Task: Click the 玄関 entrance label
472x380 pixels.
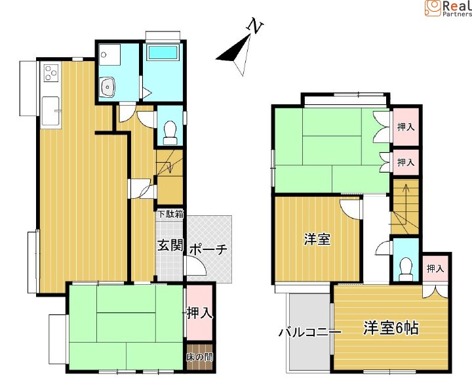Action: [170, 245]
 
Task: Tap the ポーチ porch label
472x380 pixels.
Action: [208, 249]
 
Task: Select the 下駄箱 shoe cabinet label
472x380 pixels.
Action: [170, 214]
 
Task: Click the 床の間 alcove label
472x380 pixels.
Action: [199, 357]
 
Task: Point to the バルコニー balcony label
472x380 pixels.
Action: [309, 332]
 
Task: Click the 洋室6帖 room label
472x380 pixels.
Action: [391, 328]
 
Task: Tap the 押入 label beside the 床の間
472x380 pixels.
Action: [199, 313]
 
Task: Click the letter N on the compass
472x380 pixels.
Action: [255, 26]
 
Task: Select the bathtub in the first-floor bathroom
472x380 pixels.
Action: [163, 53]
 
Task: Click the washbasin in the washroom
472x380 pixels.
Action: [107, 87]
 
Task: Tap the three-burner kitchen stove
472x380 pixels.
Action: [50, 73]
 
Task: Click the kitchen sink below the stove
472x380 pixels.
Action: [50, 111]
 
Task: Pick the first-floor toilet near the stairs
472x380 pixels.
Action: [170, 133]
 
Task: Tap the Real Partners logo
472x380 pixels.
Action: [448, 8]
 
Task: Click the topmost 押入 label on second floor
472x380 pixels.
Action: [406, 127]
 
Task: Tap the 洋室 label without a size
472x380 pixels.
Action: [317, 240]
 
